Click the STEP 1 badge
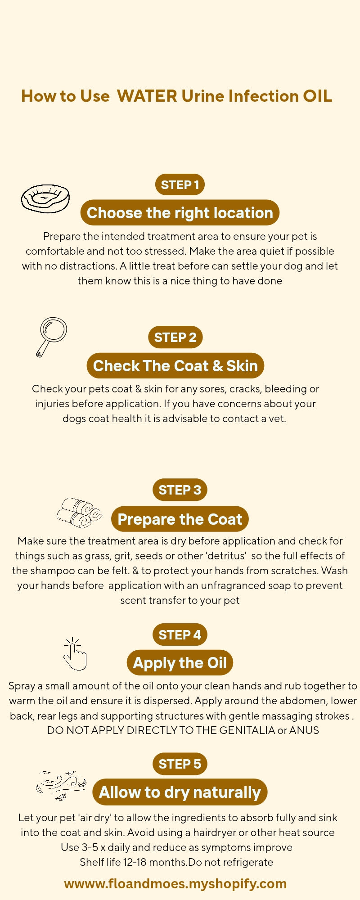point(180,184)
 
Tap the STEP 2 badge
point(175,337)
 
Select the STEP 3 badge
point(180,490)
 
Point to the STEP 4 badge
point(180,634)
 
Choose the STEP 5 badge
point(180,764)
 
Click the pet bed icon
point(45,198)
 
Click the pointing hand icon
point(74,655)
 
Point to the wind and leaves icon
point(61,785)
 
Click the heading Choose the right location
point(180,213)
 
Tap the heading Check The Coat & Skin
point(175,366)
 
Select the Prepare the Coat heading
point(180,519)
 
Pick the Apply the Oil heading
point(180,663)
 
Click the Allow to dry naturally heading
point(180,792)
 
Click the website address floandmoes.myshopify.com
point(175,883)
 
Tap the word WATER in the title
point(147,96)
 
